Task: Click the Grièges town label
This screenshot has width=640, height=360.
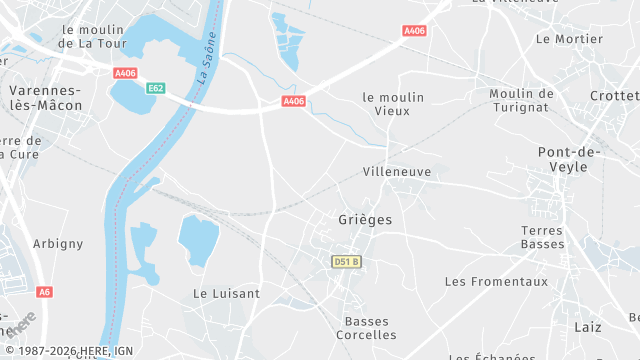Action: click(x=364, y=219)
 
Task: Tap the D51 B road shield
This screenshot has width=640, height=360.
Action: click(x=346, y=262)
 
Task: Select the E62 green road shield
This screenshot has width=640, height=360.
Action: click(x=155, y=88)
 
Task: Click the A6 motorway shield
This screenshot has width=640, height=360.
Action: click(x=43, y=292)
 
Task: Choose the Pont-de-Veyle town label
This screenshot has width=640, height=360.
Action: click(x=568, y=159)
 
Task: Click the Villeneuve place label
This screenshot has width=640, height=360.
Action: click(x=397, y=172)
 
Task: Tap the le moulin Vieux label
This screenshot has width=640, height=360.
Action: click(x=393, y=104)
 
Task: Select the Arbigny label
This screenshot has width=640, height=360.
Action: click(x=58, y=244)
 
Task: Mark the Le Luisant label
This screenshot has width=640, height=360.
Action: click(x=226, y=294)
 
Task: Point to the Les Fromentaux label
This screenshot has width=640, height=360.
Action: click(x=497, y=282)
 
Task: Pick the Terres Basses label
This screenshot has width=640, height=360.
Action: click(x=543, y=237)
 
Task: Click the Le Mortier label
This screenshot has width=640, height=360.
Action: click(x=569, y=39)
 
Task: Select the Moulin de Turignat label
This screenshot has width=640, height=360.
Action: click(x=522, y=100)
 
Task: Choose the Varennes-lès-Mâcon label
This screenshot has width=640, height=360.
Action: click(x=44, y=97)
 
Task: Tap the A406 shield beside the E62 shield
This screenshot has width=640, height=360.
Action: click(x=125, y=73)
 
